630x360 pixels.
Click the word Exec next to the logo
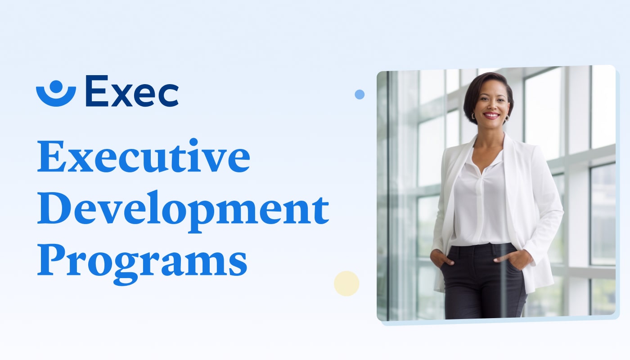coord(132,91)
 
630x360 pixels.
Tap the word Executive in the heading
coord(144,156)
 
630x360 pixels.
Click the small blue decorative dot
coord(360,94)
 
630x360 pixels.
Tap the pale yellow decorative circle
coord(346,283)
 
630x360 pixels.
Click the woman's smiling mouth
coord(491,116)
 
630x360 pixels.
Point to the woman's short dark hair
coord(488,87)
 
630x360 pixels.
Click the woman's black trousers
coord(483,281)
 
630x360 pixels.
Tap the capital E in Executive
coord(52,157)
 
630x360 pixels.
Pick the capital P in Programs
coord(53,260)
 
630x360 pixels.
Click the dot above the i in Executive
coord(193,142)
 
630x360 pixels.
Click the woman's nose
coord(491,106)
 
